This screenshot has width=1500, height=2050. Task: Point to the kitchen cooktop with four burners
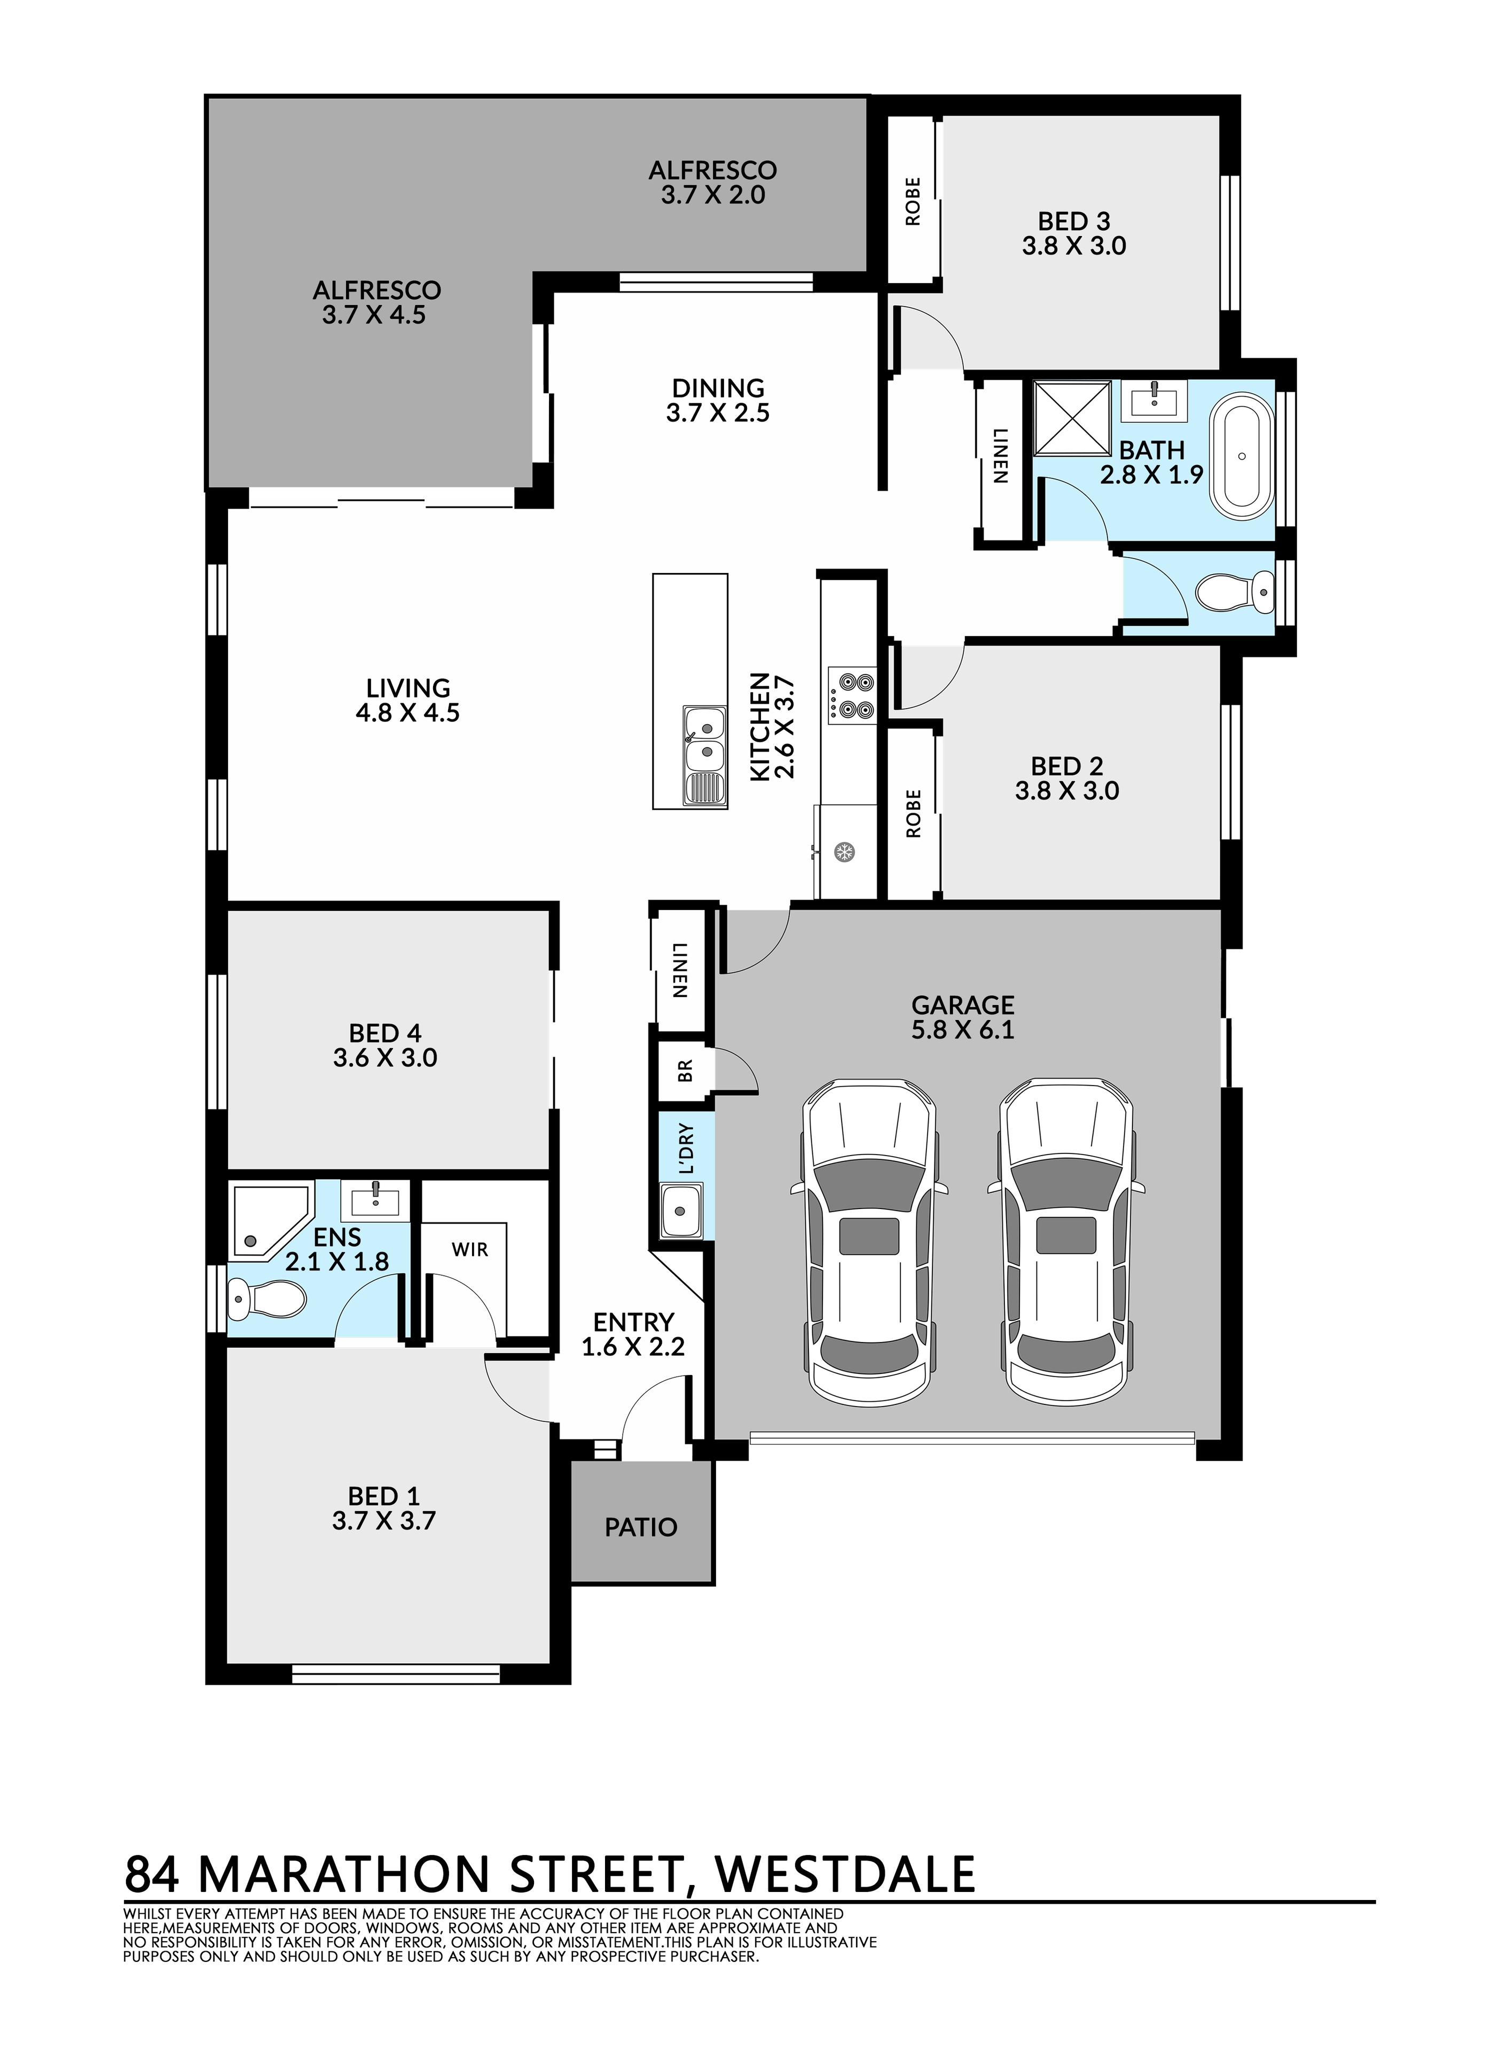tap(851, 695)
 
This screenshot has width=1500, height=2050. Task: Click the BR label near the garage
tap(686, 1071)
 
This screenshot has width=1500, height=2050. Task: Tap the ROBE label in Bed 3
tap(913, 201)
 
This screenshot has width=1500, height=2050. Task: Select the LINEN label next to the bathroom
tap(1000, 455)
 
